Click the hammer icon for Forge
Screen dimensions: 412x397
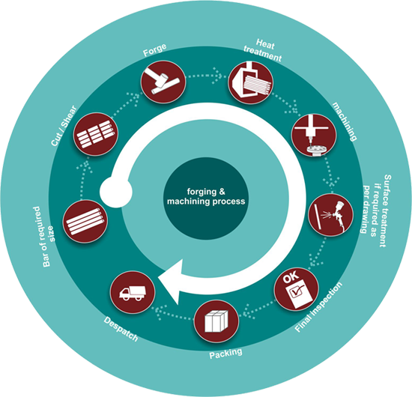pos(163,82)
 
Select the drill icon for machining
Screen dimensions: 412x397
pos(313,136)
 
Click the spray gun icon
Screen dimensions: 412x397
pos(331,215)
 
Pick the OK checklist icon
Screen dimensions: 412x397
pos(297,288)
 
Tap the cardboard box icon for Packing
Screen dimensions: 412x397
pos(216,321)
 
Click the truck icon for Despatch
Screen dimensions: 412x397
pos(133,292)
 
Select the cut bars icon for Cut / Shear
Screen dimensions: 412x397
pos(96,134)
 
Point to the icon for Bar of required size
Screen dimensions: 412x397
pos(85,222)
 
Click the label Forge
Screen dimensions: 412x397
pos(155,49)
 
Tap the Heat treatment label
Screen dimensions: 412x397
pos(262,50)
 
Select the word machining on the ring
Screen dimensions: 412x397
pos(345,121)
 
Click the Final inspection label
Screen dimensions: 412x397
pos(318,307)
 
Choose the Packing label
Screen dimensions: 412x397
pos(225,354)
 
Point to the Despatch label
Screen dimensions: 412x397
pos(121,329)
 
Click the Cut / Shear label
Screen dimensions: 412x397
pos(64,126)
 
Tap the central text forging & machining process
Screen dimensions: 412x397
pos(206,196)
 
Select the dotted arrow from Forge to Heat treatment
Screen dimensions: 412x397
pos(204,76)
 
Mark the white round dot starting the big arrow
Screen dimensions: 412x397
pos(116,192)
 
